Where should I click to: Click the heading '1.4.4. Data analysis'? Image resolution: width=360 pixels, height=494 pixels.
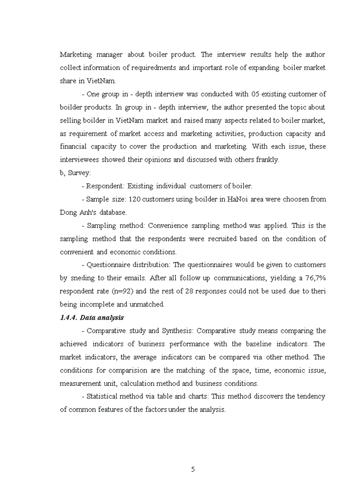pyautogui.click(x=92, y=317)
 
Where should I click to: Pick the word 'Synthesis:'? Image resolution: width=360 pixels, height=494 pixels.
pyautogui.click(x=177, y=331)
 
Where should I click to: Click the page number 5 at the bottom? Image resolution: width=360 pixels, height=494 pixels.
pyautogui.click(x=193, y=469)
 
